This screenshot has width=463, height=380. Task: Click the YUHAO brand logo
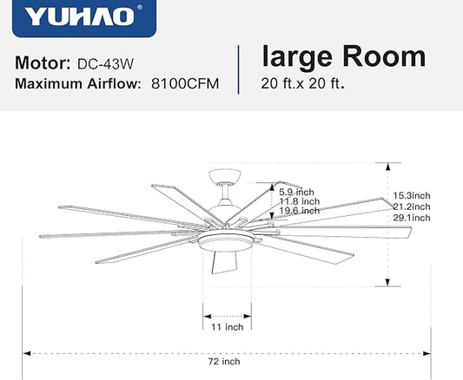pyautogui.click(x=79, y=17)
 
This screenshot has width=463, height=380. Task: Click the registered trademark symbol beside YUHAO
pyautogui.click(x=140, y=8)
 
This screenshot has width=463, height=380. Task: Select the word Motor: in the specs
pyautogui.click(x=42, y=64)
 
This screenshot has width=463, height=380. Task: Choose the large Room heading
pyautogui.click(x=343, y=57)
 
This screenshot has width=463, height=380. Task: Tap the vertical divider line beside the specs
pyautogui.click(x=238, y=69)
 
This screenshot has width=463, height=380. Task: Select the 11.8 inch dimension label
pyautogui.click(x=299, y=201)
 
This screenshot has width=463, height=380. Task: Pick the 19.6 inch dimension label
pyautogui.click(x=299, y=211)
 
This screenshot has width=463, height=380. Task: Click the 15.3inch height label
pyautogui.click(x=411, y=196)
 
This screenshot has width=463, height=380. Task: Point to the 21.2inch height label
pyautogui.click(x=411, y=206)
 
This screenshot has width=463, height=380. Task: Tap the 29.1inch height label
pyautogui.click(x=411, y=218)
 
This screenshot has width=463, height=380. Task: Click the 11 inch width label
pyautogui.click(x=228, y=327)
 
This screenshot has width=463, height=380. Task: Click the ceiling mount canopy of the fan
pyautogui.click(x=227, y=178)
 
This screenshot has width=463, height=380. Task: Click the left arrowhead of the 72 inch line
pyautogui.click(x=28, y=353)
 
